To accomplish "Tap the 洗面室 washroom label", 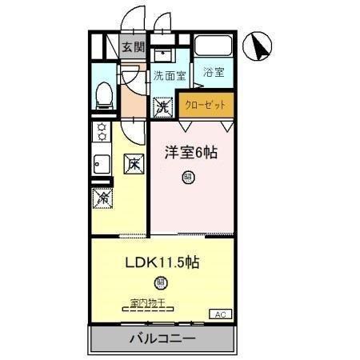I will pyautogui.click(x=170, y=77).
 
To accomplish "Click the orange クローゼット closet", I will pyautogui.click(x=207, y=104).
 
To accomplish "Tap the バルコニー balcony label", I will pyautogui.click(x=162, y=338).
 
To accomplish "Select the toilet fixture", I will pyautogui.click(x=103, y=95).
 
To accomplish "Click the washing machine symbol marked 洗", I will pyautogui.click(x=162, y=105).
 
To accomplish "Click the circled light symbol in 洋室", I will pyautogui.click(x=188, y=178).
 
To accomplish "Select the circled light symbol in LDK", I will pyautogui.click(x=162, y=282).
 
